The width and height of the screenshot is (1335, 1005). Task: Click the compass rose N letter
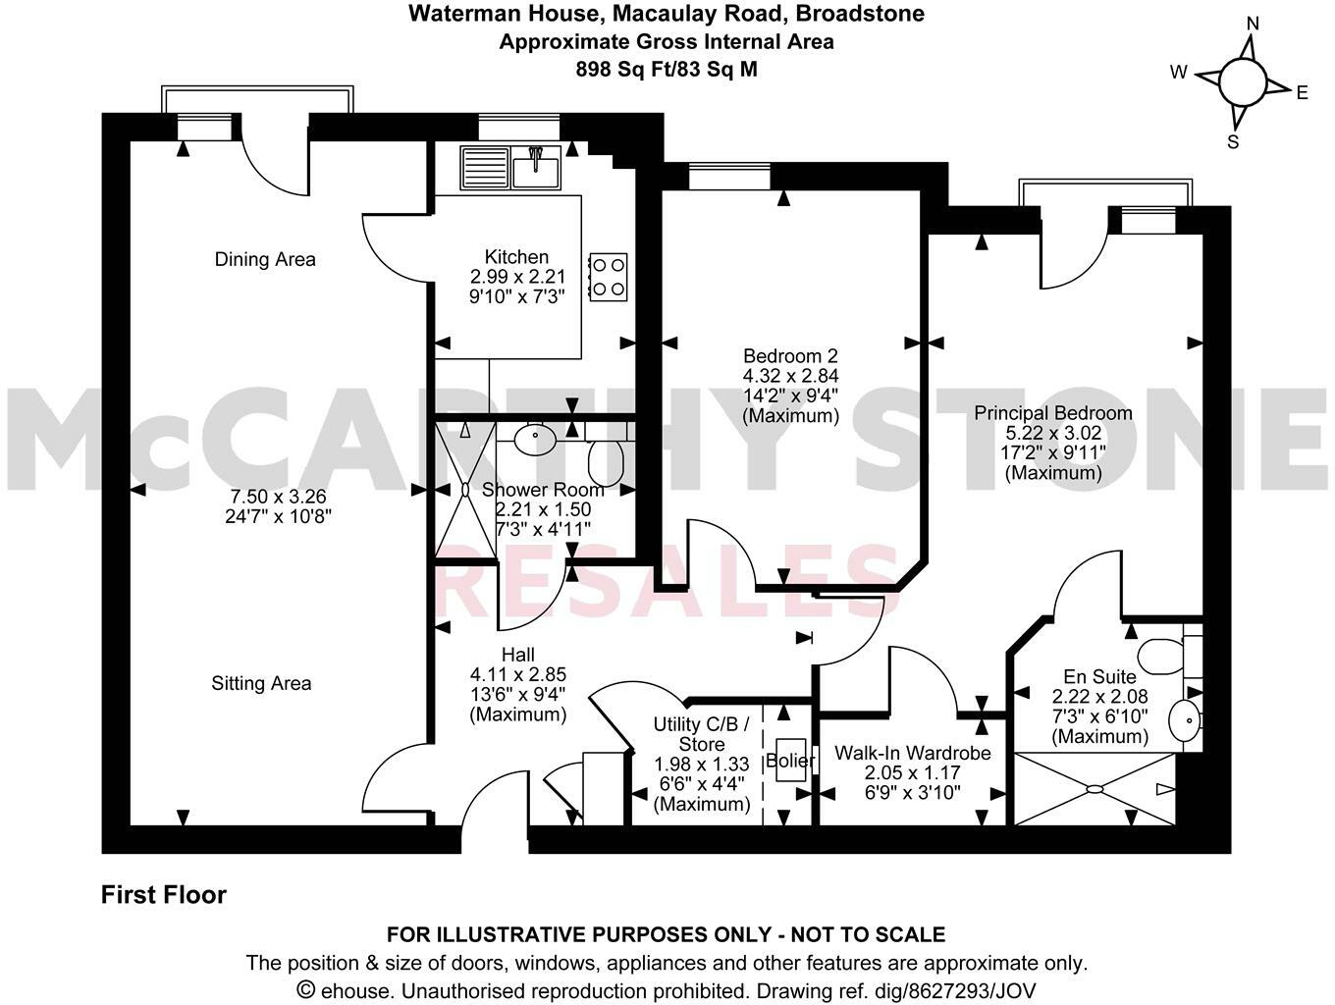[1252, 23]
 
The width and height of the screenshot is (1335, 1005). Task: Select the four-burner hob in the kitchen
[608, 277]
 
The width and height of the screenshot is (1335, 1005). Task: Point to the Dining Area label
[265, 259]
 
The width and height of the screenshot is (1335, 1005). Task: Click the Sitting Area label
[261, 683]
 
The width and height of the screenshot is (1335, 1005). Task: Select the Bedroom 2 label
[790, 355]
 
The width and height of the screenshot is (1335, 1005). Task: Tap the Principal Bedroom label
[1052, 413]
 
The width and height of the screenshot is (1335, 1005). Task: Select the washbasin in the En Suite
[1184, 723]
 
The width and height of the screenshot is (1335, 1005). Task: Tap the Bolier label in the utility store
[790, 761]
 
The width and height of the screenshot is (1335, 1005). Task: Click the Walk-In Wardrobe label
[912, 753]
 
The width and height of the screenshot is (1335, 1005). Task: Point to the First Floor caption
[164, 895]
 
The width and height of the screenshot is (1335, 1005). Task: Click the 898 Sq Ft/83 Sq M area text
[667, 69]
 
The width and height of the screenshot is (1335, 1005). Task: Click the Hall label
[517, 655]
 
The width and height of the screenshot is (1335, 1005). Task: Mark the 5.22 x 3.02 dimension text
[1052, 433]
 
